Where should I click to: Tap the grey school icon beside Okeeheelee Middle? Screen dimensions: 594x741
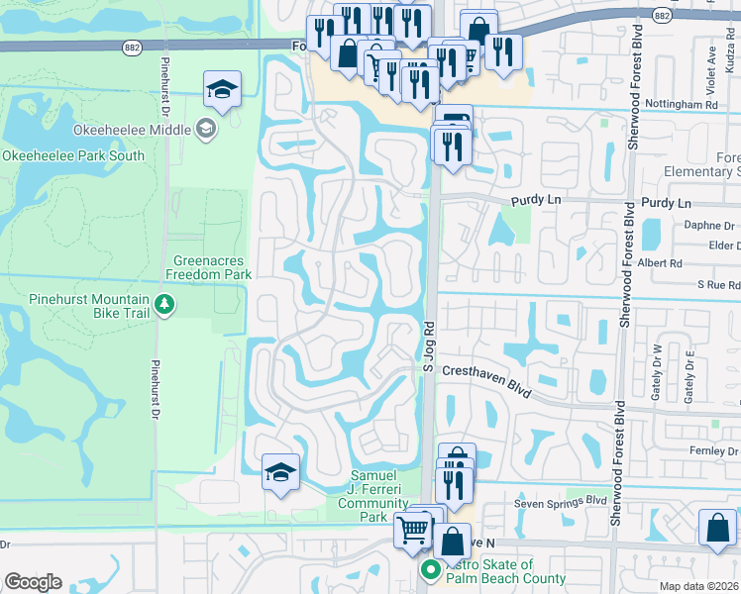click(x=206, y=127)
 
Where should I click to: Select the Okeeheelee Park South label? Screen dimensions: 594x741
click(x=73, y=155)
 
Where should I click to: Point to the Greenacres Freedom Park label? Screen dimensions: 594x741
click(x=208, y=267)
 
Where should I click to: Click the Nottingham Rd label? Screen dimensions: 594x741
click(x=683, y=104)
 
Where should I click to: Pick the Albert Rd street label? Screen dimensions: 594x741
click(x=660, y=263)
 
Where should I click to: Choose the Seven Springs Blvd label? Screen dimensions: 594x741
click(x=559, y=501)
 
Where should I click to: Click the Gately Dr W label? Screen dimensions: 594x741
click(x=656, y=371)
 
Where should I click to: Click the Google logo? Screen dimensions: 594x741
click(x=33, y=582)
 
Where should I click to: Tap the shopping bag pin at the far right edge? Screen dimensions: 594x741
click(x=717, y=528)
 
